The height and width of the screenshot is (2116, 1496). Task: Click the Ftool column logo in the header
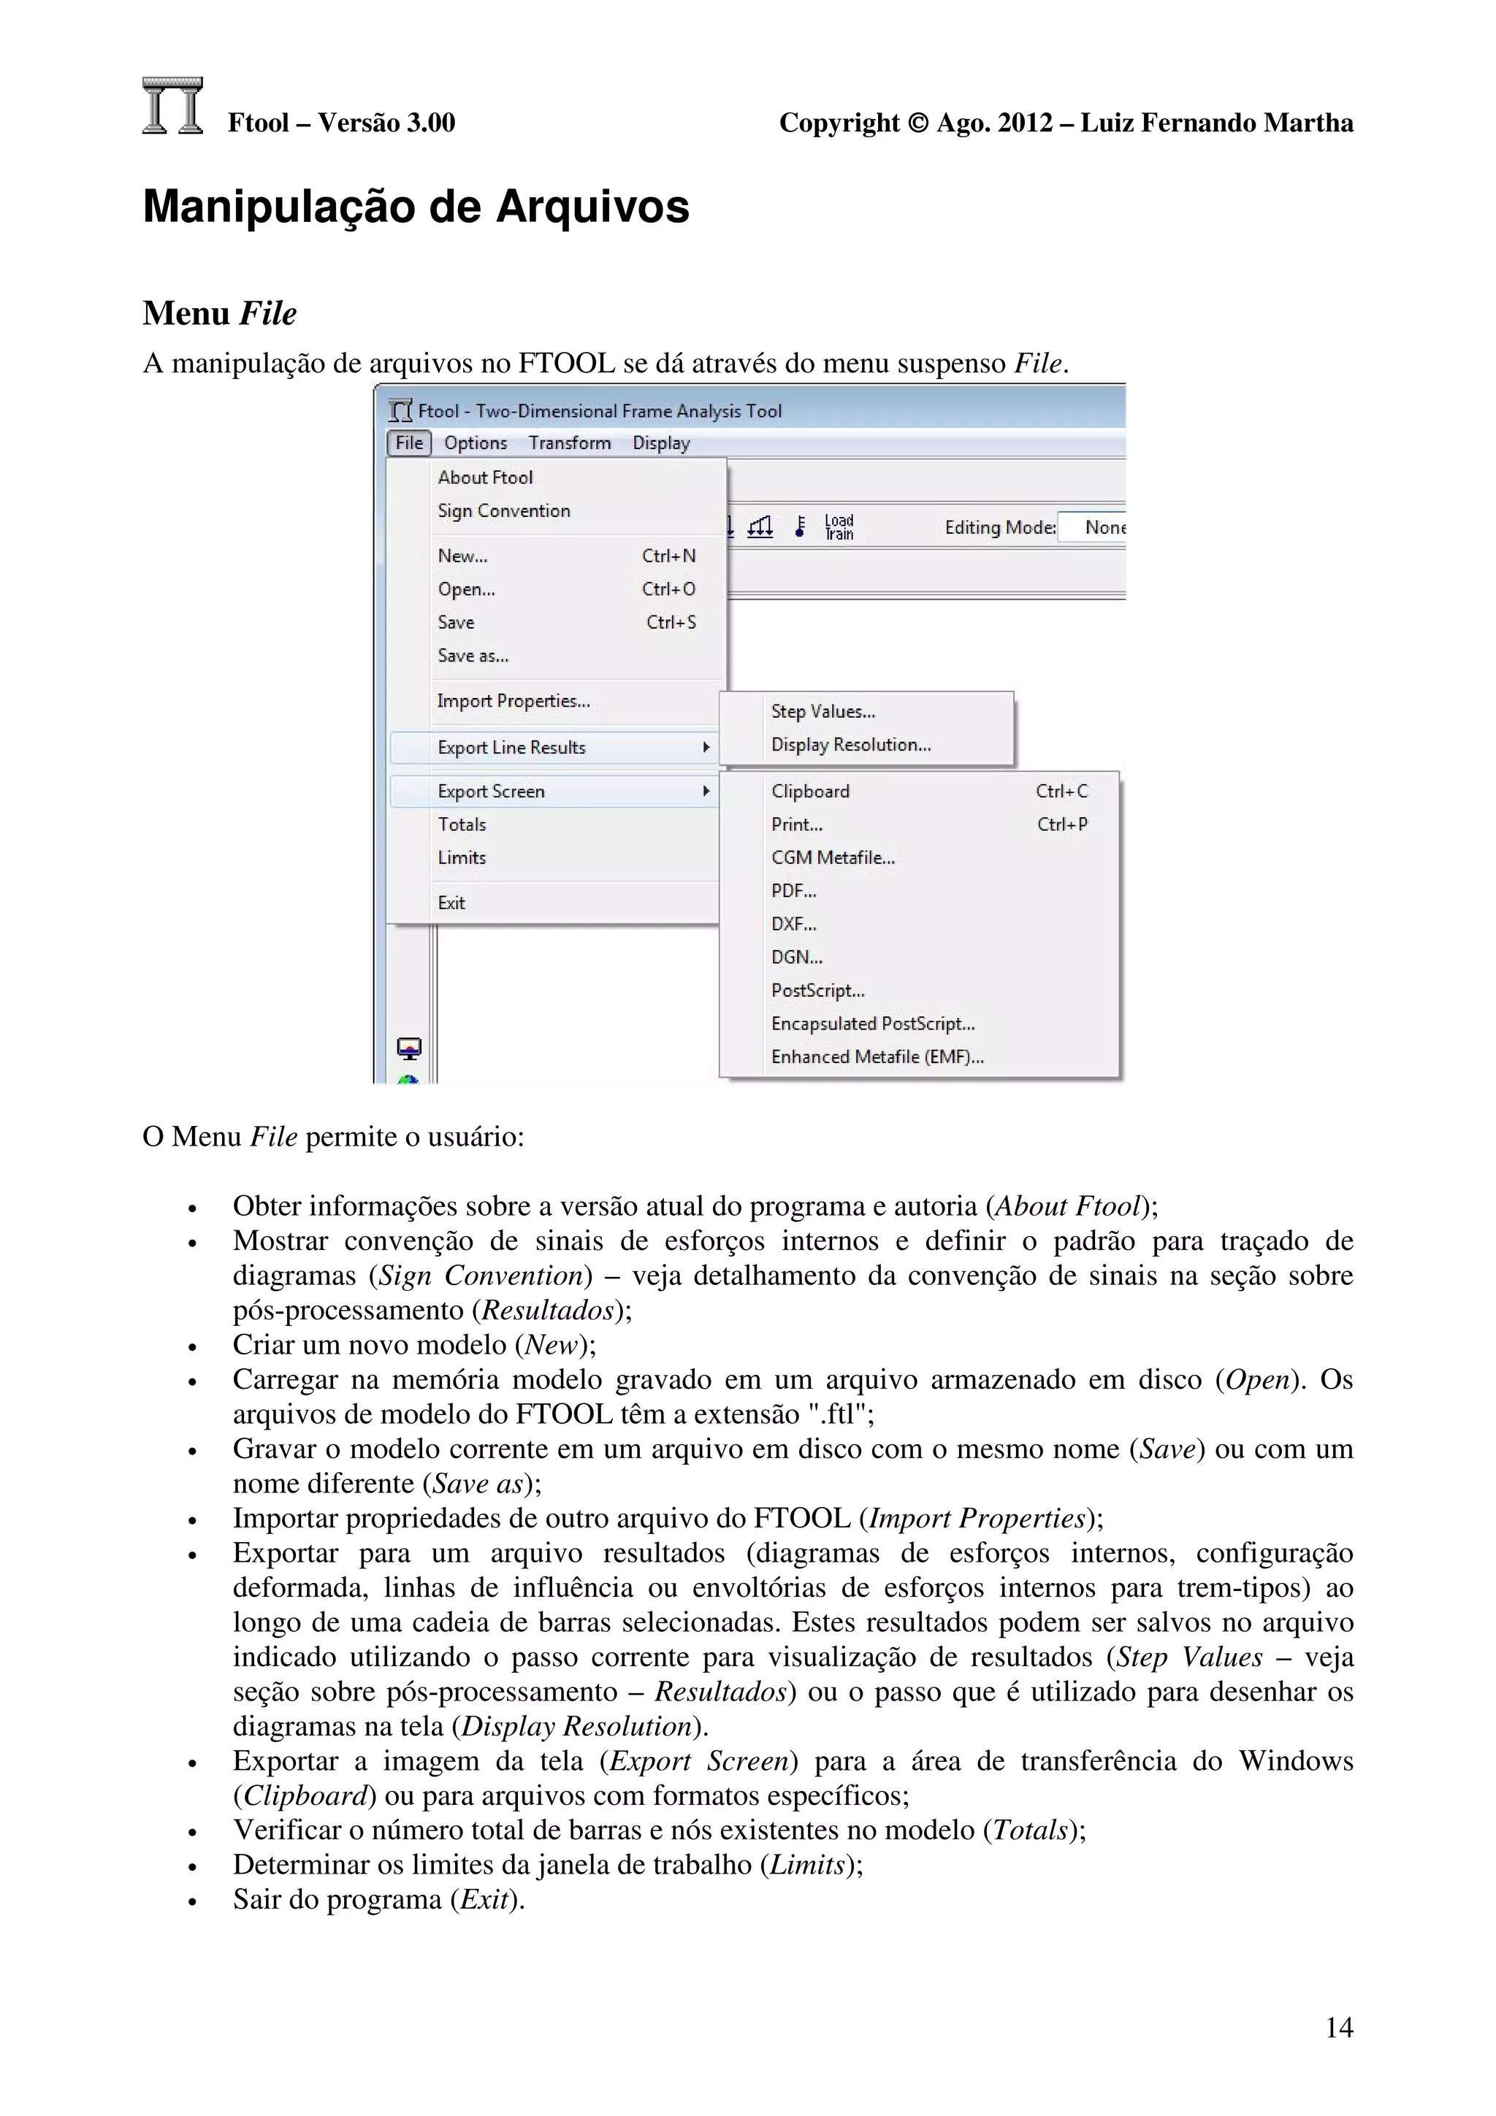pos(172,106)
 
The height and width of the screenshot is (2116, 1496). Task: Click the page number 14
pos(1338,2027)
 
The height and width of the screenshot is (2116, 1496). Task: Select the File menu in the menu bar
pos(408,443)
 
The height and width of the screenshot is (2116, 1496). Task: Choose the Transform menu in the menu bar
pos(569,443)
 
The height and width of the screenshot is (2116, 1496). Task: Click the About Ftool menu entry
pos(485,478)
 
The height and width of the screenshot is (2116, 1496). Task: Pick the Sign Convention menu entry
pos(503,510)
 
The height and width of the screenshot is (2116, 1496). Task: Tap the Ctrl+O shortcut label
pos(668,589)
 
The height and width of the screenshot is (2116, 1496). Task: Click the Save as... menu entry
pos(473,655)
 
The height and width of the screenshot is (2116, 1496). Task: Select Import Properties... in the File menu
pos(514,702)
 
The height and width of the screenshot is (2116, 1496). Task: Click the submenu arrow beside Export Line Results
pos(706,748)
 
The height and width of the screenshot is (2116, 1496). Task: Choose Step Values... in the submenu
pos(823,711)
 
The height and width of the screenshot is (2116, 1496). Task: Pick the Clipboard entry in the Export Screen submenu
pos(810,791)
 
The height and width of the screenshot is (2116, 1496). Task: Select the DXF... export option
pos(793,924)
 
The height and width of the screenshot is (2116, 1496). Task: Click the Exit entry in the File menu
pos(451,902)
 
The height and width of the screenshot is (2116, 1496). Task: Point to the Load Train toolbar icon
pos(839,527)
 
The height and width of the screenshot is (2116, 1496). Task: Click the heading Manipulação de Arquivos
pos(416,207)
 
